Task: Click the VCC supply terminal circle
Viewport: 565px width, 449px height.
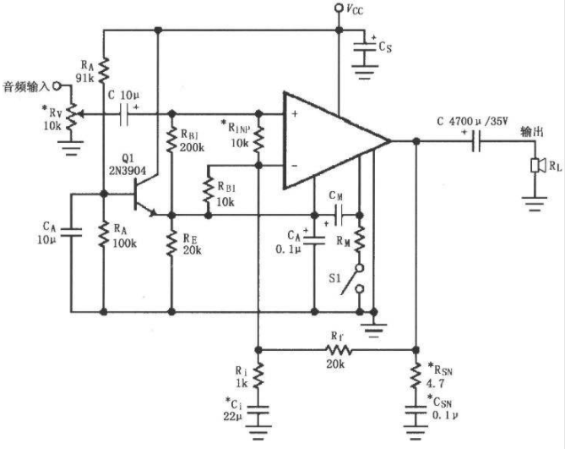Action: pos(339,8)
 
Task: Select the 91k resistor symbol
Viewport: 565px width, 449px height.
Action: pos(104,69)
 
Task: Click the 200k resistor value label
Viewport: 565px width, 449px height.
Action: pos(192,147)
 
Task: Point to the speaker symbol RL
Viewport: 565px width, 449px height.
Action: pos(535,166)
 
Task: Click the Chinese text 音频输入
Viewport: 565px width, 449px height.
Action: pos(25,87)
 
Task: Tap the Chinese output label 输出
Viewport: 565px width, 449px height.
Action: pos(531,132)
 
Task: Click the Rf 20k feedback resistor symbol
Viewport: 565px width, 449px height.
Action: pos(339,350)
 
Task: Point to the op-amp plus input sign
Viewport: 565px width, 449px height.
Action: pos(295,114)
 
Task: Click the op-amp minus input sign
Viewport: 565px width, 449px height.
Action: pos(295,166)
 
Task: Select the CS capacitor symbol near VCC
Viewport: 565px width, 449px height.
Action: pos(365,47)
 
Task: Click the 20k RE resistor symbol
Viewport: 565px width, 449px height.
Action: pos(172,244)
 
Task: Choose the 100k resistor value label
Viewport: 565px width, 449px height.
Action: pos(125,244)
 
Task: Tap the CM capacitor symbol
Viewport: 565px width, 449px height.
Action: pos(339,216)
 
